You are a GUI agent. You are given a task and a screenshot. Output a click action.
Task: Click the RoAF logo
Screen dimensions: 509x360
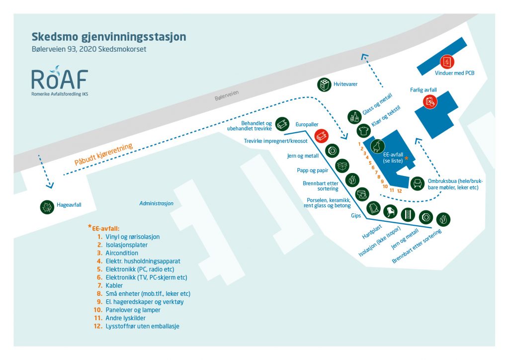(x=60, y=81)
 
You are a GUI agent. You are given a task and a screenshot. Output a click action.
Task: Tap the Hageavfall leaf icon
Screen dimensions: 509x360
(x=47, y=207)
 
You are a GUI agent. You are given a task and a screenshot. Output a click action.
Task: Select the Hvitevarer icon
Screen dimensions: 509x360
(x=324, y=85)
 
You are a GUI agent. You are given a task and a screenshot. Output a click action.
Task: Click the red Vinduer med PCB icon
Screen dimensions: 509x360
(x=447, y=62)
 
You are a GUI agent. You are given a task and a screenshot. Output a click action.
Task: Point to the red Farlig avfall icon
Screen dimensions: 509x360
(x=430, y=102)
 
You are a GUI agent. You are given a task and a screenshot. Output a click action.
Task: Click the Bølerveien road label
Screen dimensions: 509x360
(x=227, y=95)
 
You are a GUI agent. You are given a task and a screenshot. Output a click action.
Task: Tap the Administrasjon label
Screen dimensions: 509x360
(x=156, y=203)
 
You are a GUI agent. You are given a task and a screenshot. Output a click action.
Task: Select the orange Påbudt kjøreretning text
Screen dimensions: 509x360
(x=103, y=154)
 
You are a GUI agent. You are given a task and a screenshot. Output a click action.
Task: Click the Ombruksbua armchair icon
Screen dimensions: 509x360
(x=417, y=183)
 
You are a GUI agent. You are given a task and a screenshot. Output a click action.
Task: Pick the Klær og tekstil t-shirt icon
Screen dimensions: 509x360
(x=363, y=131)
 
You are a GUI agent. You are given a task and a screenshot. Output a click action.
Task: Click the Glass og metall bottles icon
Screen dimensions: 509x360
(x=354, y=117)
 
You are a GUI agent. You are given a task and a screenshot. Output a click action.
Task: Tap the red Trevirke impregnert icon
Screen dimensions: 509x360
(x=322, y=136)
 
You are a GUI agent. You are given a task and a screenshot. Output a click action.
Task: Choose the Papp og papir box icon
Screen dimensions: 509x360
(x=342, y=166)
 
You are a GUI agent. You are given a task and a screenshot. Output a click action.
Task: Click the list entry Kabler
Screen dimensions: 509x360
(x=114, y=285)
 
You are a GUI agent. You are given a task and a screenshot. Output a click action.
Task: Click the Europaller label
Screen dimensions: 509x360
(x=307, y=125)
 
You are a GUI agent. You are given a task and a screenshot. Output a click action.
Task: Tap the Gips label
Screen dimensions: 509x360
(x=356, y=216)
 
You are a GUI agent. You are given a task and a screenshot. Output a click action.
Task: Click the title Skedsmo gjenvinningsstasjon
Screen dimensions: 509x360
(x=109, y=37)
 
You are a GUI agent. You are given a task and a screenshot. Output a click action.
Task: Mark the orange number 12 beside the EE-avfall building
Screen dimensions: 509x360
(x=399, y=191)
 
